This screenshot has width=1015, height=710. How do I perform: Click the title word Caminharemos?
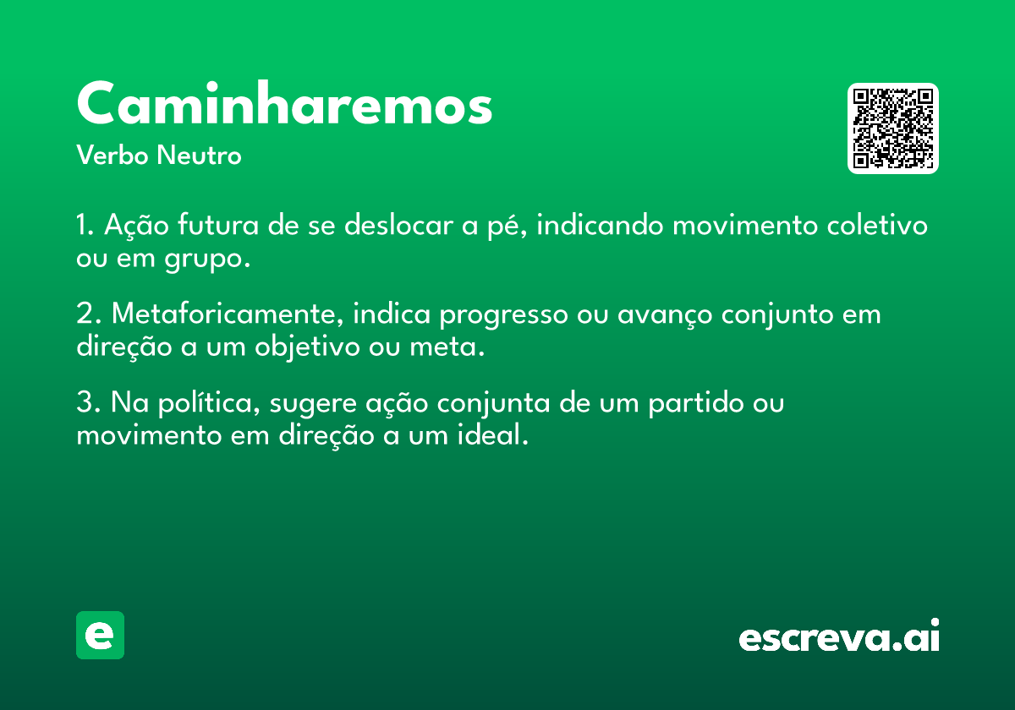pos(284,103)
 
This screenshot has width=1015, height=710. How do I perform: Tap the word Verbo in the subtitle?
pos(112,155)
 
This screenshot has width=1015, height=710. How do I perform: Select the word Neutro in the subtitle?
pos(199,155)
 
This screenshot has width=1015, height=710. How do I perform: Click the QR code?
pos(892,128)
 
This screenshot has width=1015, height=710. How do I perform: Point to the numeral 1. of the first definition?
pos(85,225)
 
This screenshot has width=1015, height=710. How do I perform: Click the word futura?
pos(218,224)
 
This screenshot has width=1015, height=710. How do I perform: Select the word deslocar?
pos(398,224)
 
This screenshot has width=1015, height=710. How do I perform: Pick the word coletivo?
pos(877,224)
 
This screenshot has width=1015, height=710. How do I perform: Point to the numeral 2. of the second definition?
pos(88,313)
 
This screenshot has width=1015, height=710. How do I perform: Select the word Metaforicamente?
pos(228,314)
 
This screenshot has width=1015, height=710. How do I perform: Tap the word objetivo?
pos(307,347)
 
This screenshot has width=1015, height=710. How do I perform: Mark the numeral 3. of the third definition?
pos(88,401)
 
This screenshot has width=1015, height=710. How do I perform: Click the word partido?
pos(696,403)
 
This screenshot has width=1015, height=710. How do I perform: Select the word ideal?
pos(493,434)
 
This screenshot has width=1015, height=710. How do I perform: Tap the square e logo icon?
pos(100,635)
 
